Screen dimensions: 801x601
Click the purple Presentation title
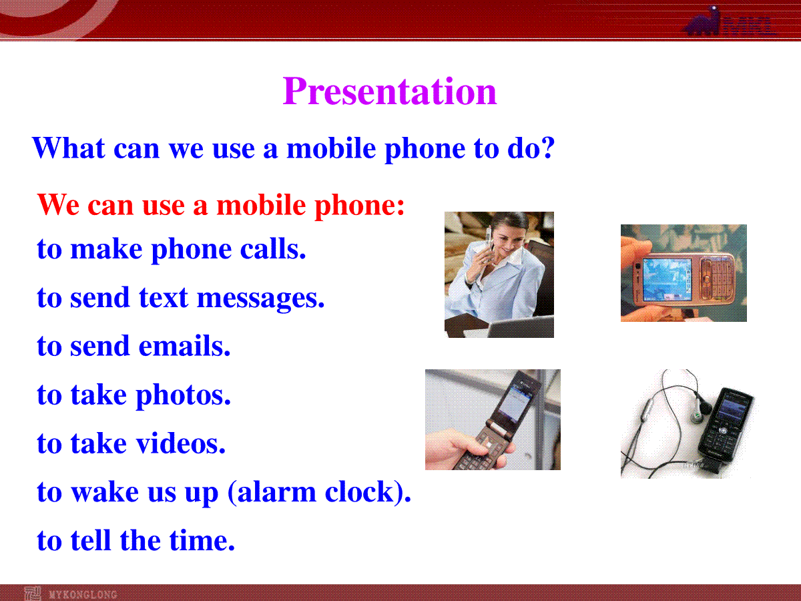click(x=390, y=91)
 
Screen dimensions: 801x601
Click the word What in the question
click(x=69, y=148)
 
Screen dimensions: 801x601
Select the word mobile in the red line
click(x=261, y=205)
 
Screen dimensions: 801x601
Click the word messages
click(x=260, y=299)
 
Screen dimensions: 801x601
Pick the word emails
click(x=185, y=345)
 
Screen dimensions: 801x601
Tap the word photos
click(x=183, y=396)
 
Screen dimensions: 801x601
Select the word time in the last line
click(x=202, y=540)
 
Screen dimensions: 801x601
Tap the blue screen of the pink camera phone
click(x=667, y=280)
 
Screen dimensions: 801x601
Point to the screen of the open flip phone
click(x=515, y=404)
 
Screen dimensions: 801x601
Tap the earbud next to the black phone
click(x=701, y=409)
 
